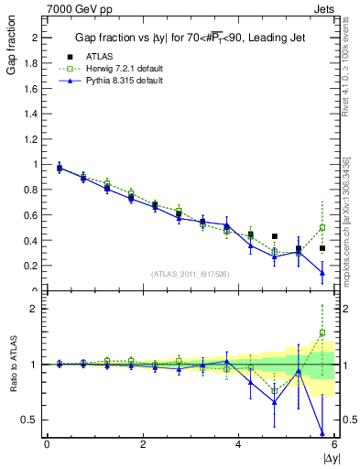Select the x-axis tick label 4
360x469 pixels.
(x=238, y=443)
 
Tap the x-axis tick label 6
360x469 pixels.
(x=333, y=443)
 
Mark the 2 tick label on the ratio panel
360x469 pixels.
(x=35, y=309)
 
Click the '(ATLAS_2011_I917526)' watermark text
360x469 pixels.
(x=191, y=275)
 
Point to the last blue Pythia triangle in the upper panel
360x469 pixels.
(x=322, y=272)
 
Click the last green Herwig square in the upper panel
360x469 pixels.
(x=322, y=227)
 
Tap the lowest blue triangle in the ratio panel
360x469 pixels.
(x=322, y=432)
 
